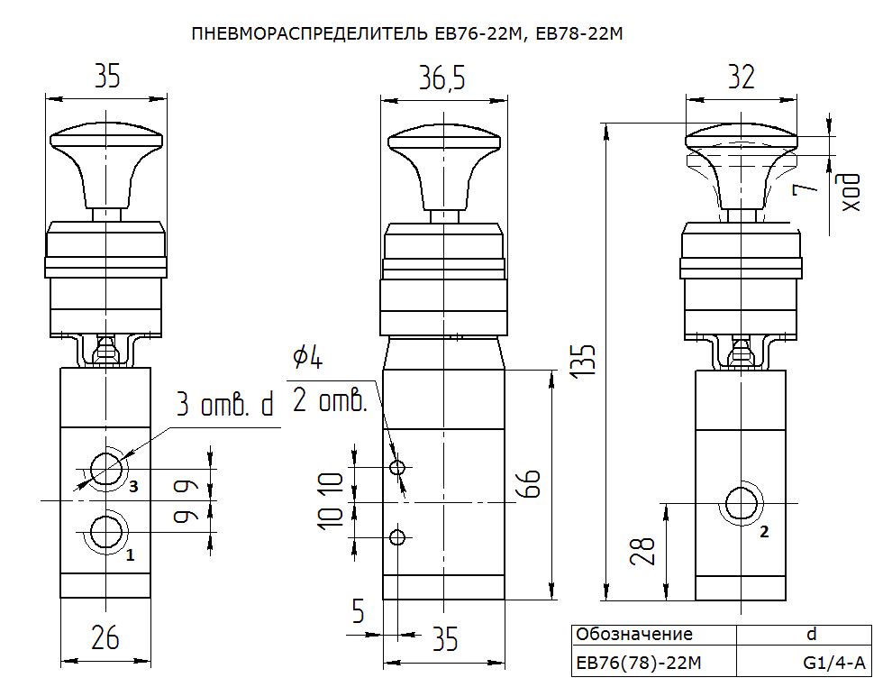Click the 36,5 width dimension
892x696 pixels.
442,78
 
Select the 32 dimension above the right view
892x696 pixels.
742,77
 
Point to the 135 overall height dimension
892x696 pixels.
583,360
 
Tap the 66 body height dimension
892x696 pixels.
530,484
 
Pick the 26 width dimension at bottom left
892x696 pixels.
105,637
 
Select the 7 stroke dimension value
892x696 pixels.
805,186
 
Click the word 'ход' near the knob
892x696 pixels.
851,193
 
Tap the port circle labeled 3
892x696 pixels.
105,470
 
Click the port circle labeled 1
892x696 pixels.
105,533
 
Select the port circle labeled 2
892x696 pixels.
741,503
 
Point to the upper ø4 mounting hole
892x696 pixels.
397,468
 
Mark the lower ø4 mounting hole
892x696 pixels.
397,536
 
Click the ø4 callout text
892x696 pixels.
308,357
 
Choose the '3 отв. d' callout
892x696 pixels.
225,404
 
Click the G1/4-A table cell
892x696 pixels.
834,663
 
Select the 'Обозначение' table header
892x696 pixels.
633,634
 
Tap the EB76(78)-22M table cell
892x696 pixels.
638,663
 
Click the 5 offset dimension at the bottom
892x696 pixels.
358,611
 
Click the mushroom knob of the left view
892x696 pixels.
106,164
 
